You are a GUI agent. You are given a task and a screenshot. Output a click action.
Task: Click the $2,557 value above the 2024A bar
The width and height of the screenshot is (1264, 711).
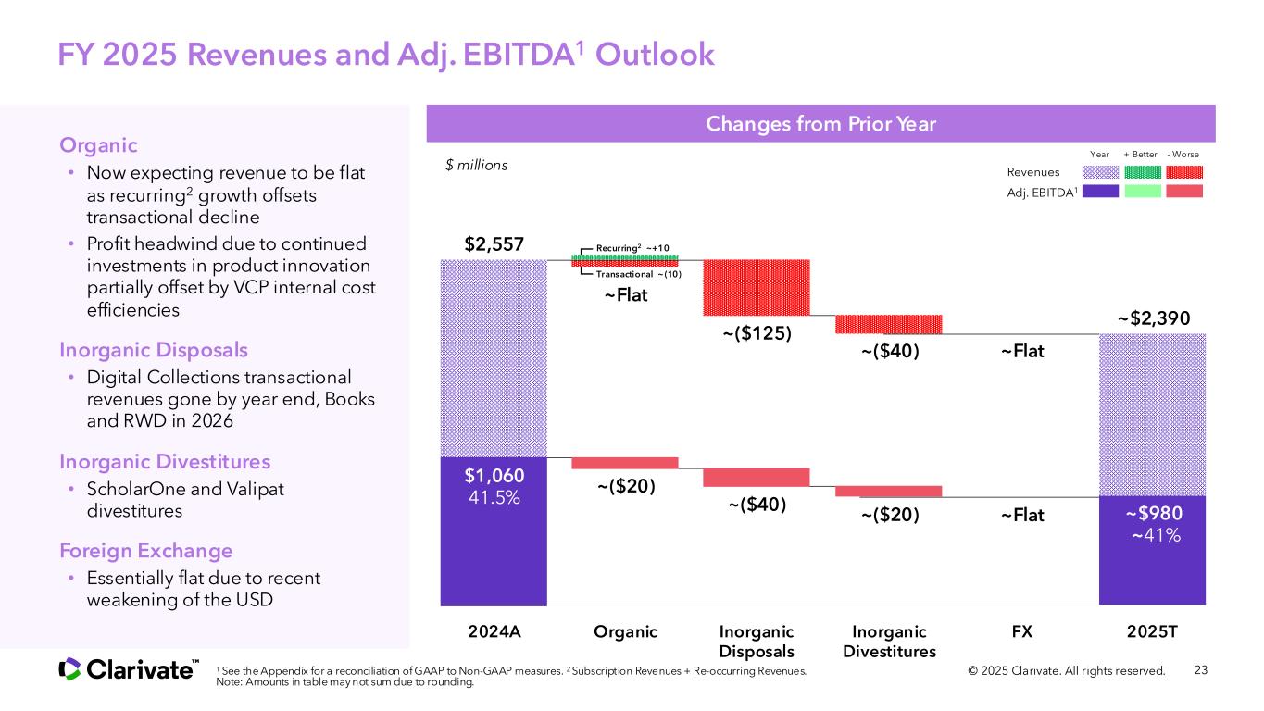pyautogui.click(x=494, y=245)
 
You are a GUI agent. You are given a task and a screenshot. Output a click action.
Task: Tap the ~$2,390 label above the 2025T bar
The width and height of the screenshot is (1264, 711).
pyautogui.click(x=1153, y=318)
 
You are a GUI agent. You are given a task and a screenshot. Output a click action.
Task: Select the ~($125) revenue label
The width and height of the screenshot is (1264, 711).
pyautogui.click(x=757, y=333)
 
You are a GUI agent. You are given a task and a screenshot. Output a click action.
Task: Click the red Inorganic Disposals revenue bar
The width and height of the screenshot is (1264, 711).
pyautogui.click(x=757, y=286)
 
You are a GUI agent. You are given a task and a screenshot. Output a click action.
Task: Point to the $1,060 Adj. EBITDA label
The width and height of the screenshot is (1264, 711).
pyautogui.click(x=494, y=476)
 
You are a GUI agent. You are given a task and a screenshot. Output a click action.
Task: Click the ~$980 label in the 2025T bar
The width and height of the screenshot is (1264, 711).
pyautogui.click(x=1153, y=513)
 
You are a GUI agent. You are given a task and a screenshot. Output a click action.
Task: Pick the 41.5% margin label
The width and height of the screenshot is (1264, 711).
pyautogui.click(x=494, y=498)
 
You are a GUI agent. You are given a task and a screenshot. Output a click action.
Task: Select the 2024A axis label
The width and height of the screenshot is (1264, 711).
pyautogui.click(x=494, y=631)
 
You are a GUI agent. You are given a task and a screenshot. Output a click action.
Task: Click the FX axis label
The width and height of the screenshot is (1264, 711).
pyautogui.click(x=1021, y=631)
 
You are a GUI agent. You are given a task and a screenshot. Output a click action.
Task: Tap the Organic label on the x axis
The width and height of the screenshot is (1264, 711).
pyautogui.click(x=625, y=631)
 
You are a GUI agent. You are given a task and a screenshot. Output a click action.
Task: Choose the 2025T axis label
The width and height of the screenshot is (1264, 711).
pyautogui.click(x=1153, y=631)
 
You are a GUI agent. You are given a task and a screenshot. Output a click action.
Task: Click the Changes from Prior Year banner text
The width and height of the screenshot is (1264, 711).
pyautogui.click(x=820, y=124)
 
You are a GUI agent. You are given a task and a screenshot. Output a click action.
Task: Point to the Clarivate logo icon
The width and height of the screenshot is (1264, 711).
pyautogui.click(x=69, y=669)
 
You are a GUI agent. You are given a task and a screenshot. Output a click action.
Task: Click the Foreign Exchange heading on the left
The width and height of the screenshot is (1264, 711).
pyautogui.click(x=145, y=551)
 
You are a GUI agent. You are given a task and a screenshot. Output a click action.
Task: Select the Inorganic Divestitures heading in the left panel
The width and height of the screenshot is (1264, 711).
pyautogui.click(x=165, y=461)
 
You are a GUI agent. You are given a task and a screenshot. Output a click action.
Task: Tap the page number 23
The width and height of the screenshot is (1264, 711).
pyautogui.click(x=1202, y=670)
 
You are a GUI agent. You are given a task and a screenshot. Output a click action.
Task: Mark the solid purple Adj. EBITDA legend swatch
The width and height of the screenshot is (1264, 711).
pyautogui.click(x=1100, y=192)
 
